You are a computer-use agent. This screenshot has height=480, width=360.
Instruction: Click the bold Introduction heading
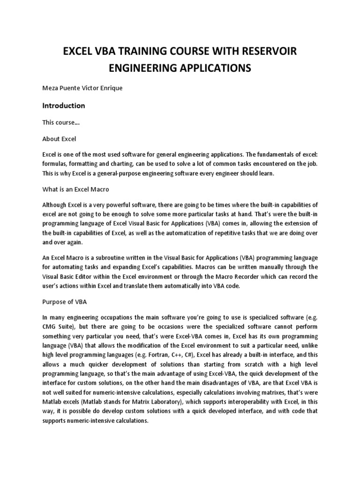coord(64,105)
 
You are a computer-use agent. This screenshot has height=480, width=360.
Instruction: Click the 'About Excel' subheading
coord(59,139)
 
